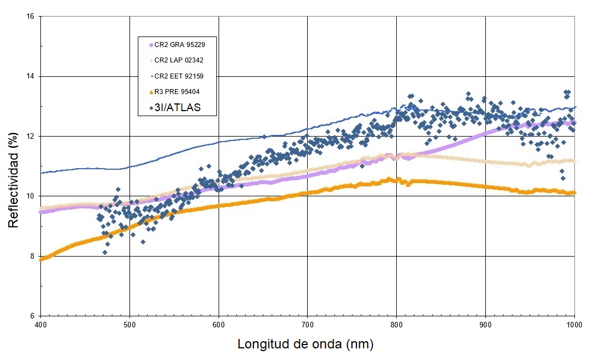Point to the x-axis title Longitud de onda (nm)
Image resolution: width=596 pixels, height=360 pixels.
[305, 344]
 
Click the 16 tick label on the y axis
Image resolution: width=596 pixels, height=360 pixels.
[30, 17]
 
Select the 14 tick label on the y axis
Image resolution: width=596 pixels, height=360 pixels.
[30, 76]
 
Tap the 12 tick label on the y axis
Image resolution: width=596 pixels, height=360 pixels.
[30, 137]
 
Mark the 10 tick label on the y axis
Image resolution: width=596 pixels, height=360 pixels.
[30, 196]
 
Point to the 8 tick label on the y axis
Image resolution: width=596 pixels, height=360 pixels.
[32, 257]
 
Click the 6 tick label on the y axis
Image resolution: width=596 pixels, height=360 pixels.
[32, 316]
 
